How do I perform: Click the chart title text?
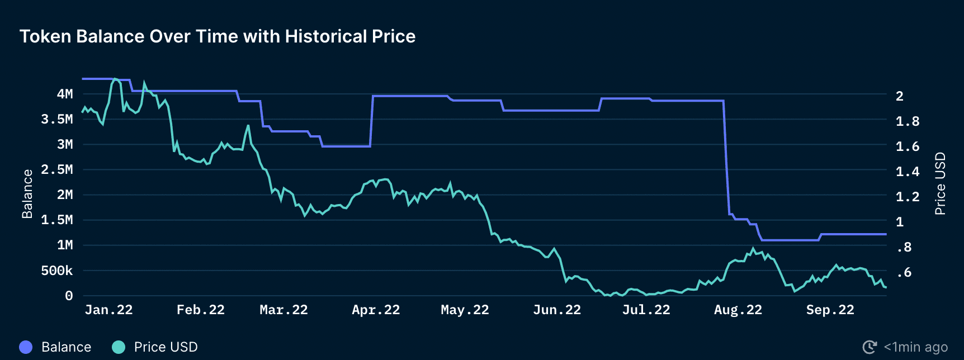click(218, 36)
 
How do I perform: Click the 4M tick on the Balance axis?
click(65, 94)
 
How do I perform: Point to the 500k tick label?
click(57, 271)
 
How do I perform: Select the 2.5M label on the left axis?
click(57, 169)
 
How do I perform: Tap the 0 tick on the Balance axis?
click(69, 296)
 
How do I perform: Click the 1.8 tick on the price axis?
click(908, 121)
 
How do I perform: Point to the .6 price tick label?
click(904, 273)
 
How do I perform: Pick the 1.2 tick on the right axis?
click(908, 197)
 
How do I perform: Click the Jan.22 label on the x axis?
click(108, 310)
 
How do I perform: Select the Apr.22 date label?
click(376, 310)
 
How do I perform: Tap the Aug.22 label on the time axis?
click(738, 310)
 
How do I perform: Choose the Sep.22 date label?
click(830, 310)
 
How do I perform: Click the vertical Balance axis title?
click(27, 193)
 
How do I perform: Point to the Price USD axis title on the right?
click(941, 183)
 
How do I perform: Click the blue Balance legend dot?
click(26, 347)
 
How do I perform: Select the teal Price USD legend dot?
click(119, 347)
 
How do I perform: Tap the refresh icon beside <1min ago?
click(870, 347)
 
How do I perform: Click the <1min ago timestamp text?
click(916, 347)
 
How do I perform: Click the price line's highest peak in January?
click(115, 79)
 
